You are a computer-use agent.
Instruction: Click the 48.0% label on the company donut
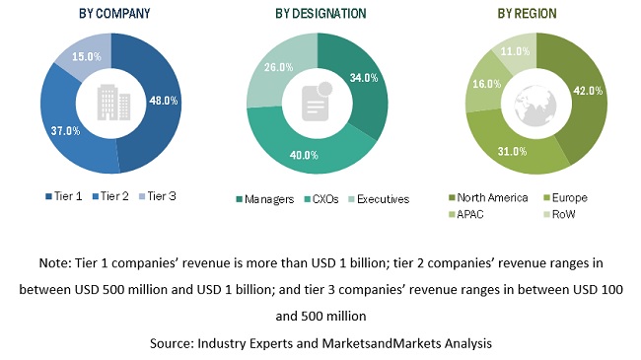(x=163, y=100)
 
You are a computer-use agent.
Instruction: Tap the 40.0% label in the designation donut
(x=302, y=154)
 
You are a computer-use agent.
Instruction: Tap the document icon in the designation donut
(x=317, y=100)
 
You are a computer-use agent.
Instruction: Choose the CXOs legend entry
(x=324, y=198)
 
